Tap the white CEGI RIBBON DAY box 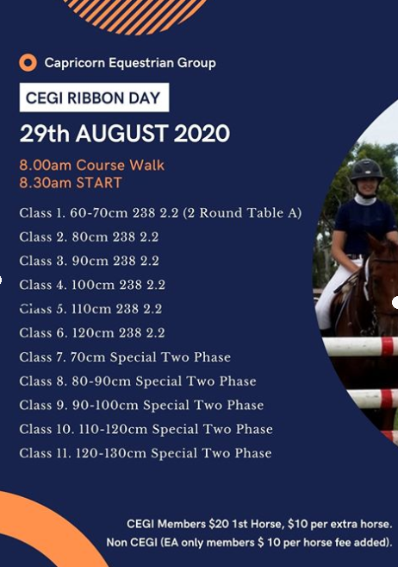pos(94,98)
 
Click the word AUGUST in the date pos(122,134)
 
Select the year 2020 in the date pos(202,134)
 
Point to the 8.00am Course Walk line pos(91,165)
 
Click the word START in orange pos(99,183)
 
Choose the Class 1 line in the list pos(160,213)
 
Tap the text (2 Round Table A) pos(242,213)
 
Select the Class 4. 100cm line pos(92,285)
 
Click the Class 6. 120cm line pos(92,332)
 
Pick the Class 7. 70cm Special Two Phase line pos(125,357)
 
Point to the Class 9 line pos(141,405)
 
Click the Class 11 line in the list pos(146,453)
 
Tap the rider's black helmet pos(367,170)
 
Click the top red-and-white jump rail pos(361,346)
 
